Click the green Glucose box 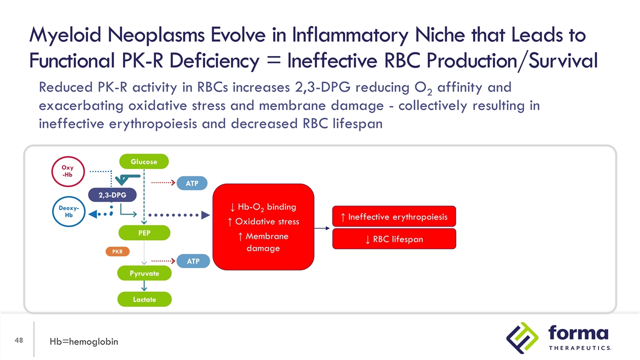click(144, 161)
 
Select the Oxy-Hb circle click(68, 171)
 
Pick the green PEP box click(144, 232)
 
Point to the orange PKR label click(117, 251)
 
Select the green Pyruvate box click(144, 273)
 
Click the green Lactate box click(144, 299)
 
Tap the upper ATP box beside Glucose click(192, 183)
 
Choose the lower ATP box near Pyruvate click(192, 261)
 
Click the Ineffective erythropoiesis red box click(394, 216)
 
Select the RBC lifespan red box click(394, 239)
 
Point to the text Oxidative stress click(267, 221)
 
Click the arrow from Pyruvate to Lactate click(144, 286)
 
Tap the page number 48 click(19, 340)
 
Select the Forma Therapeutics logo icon click(522, 337)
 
